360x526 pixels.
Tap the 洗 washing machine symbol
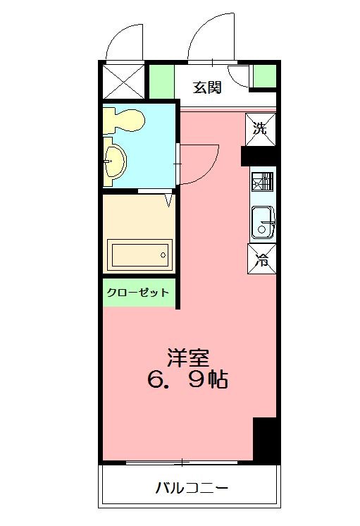pos(260,129)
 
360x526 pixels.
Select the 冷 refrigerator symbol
pos(261,259)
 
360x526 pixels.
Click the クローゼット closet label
pos(138,292)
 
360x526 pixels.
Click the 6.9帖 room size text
pos(187,381)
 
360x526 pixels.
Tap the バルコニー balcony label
pos(192,488)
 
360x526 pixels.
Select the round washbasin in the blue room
pos(113,161)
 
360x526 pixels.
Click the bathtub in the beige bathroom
pos(139,254)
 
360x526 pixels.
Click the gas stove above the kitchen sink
pos(261,182)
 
